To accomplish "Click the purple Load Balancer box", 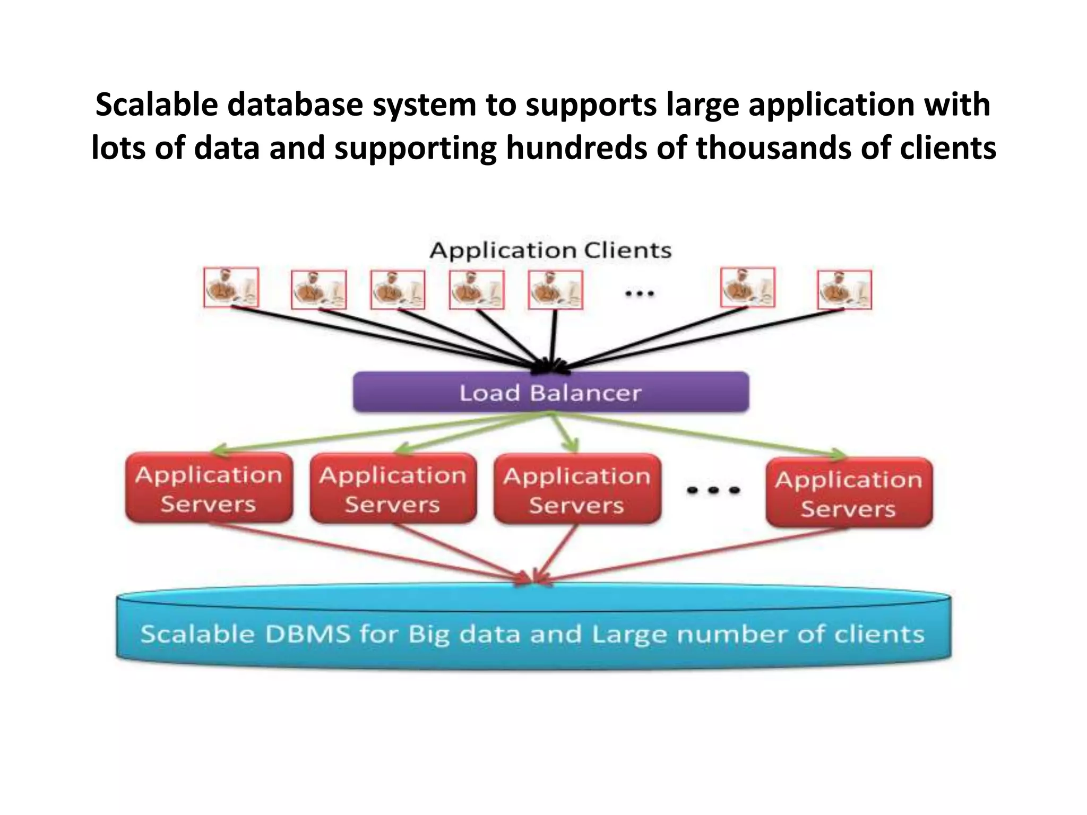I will [551, 393].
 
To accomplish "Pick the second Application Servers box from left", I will [393, 489].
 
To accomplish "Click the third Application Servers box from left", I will [577, 489].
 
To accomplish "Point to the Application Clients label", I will [550, 250].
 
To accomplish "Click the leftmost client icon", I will [231, 288].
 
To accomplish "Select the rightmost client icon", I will [844, 290].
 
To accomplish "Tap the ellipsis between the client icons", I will [639, 293].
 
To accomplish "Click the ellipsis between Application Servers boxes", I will [713, 490].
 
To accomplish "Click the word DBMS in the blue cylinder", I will [307, 635].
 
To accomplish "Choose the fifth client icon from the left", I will [555, 290].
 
